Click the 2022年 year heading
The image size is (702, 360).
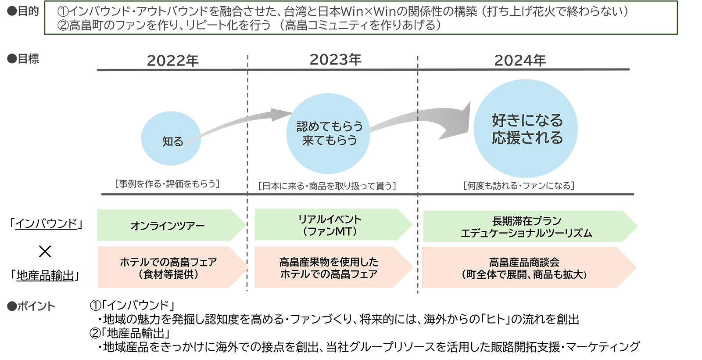pyautogui.click(x=172, y=61)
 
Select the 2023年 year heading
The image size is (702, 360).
pyautogui.click(x=336, y=60)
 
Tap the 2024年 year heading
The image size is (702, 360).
pyautogui.click(x=520, y=61)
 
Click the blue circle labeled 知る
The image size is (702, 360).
pyautogui.click(x=171, y=138)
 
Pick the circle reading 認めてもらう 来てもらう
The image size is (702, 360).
pyautogui.click(x=328, y=133)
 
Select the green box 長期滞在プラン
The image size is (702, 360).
pyautogui.click(x=526, y=227)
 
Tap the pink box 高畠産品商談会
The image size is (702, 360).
pyautogui.click(x=525, y=268)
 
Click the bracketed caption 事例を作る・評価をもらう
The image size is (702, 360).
pyautogui.click(x=167, y=184)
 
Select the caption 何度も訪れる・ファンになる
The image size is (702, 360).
pyautogui.click(x=519, y=186)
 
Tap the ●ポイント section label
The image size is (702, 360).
pyautogui.click(x=31, y=306)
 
